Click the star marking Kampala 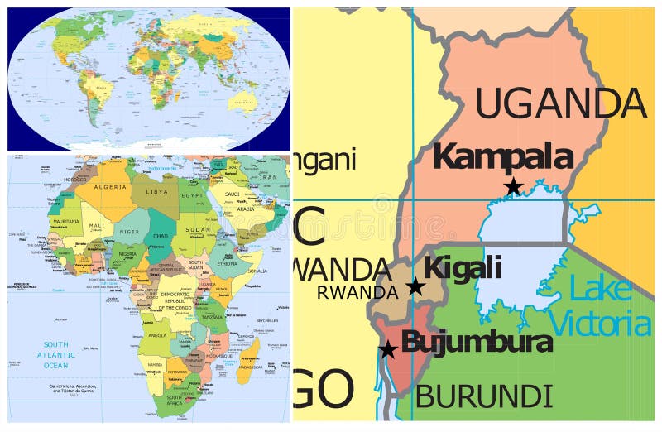(513, 187)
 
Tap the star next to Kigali (415, 286)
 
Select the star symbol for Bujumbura (387, 349)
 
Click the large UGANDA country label (560, 103)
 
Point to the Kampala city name (502, 156)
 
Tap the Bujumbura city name (477, 342)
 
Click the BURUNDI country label (484, 395)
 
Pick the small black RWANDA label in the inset (357, 292)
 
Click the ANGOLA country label (156, 335)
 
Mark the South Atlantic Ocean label (56, 353)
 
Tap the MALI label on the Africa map (97, 225)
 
